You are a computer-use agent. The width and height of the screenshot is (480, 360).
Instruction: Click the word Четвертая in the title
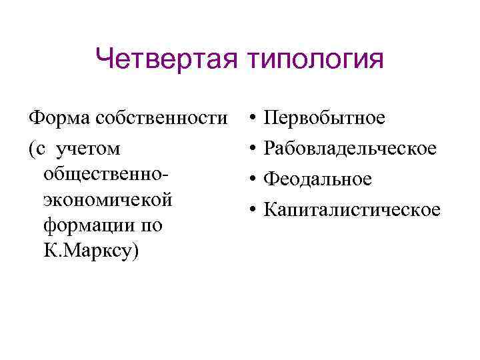click(167, 59)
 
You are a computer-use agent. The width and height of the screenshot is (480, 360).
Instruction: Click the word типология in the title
click(317, 61)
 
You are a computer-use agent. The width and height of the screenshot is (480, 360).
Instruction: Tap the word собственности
click(161, 119)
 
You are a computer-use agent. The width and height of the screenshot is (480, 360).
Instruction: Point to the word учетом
click(90, 149)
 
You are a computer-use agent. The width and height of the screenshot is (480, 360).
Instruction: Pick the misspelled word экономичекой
click(107, 199)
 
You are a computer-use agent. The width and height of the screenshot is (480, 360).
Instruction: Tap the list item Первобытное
click(325, 119)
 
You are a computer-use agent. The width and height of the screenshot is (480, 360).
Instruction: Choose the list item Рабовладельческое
click(351, 149)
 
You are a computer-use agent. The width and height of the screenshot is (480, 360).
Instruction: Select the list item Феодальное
click(318, 179)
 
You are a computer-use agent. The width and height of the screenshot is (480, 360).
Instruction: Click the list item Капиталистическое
click(352, 210)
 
